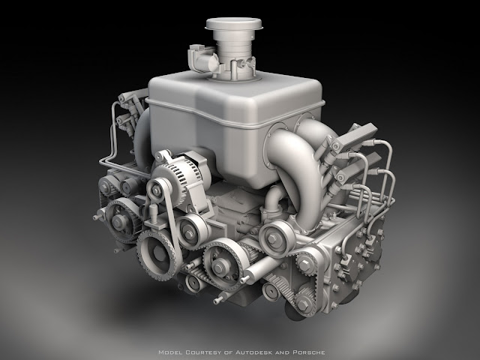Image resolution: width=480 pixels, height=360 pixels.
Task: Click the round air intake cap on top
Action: coord(234,24)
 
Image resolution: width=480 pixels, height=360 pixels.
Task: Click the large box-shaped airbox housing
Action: coord(235,125)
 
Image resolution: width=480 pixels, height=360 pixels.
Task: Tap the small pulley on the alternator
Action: coord(157,190)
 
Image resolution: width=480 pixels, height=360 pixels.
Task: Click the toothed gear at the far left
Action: coord(119,220)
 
